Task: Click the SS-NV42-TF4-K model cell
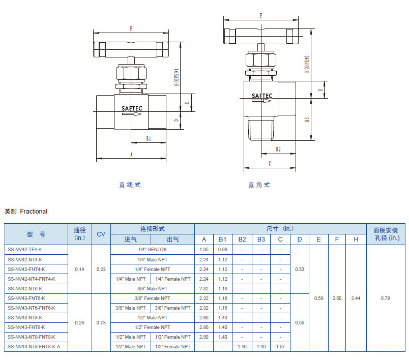(24, 250)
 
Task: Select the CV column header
(101, 234)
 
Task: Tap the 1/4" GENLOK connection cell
(153, 250)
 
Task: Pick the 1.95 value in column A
(203, 250)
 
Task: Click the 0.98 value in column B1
(222, 250)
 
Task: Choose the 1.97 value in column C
(280, 347)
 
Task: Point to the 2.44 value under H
(356, 298)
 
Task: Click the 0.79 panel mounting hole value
(385, 298)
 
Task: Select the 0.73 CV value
(101, 323)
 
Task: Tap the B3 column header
(261, 239)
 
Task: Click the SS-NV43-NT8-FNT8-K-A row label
(34, 347)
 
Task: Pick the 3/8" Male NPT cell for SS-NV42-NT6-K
(153, 289)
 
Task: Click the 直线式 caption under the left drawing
(130, 185)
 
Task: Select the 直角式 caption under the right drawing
(259, 185)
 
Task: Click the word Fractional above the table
(34, 212)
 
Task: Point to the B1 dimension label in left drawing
(149, 139)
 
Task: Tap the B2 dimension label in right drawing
(278, 149)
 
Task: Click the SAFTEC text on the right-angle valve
(262, 96)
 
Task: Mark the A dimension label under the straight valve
(131, 155)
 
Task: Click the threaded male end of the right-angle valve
(261, 129)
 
